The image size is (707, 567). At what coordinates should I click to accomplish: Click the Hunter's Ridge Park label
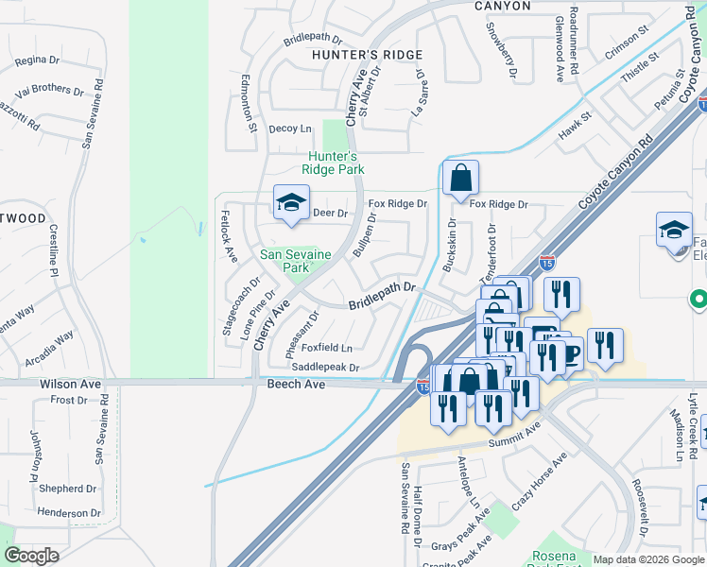tap(333, 163)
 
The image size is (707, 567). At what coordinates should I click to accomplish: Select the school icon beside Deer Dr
tap(292, 202)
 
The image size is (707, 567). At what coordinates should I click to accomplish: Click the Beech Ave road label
tap(296, 385)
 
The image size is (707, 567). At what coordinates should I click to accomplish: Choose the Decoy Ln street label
tap(290, 129)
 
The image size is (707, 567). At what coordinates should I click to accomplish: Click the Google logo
tap(30, 556)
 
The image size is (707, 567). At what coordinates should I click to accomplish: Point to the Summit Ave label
tap(514, 436)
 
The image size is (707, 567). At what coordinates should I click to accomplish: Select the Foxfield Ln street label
tap(326, 348)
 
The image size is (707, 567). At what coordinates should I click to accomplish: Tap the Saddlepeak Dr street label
tap(326, 368)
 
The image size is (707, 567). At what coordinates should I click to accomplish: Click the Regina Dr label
tap(38, 60)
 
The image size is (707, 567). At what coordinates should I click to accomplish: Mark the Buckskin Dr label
tap(451, 241)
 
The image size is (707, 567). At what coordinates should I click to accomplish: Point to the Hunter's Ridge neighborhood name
tap(368, 55)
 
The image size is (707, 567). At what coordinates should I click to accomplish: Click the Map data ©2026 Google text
tap(647, 559)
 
